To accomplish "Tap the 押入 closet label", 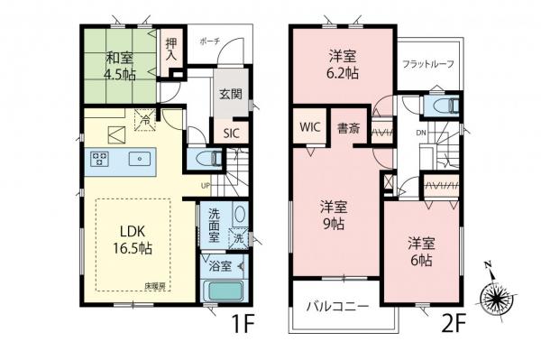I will point(171,49).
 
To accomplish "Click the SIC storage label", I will point(231,131).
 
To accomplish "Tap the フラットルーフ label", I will point(428,64).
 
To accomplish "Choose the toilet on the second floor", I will point(443,106).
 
